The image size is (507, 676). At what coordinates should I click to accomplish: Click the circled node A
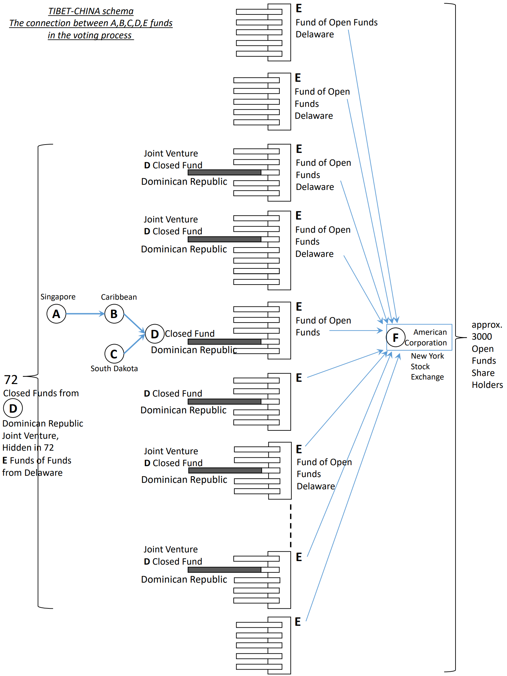(x=56, y=314)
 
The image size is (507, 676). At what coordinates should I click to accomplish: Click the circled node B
(x=114, y=314)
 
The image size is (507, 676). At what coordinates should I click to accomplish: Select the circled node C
(x=114, y=354)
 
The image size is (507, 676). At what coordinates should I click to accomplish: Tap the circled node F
(x=395, y=337)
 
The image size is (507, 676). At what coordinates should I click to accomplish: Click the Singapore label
(x=58, y=297)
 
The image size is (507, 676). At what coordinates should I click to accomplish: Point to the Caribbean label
(x=119, y=297)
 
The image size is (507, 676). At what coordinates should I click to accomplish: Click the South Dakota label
(x=114, y=369)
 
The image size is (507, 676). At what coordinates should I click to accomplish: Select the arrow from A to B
(x=85, y=314)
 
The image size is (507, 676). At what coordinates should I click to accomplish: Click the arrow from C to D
(x=134, y=344)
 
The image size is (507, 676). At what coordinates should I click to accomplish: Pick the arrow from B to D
(x=134, y=323)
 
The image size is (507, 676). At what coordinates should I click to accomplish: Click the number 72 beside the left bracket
(x=11, y=380)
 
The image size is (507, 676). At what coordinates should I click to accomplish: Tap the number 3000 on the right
(x=482, y=337)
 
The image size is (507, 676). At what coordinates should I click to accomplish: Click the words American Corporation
(x=426, y=337)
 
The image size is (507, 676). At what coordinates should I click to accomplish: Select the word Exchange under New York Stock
(x=427, y=377)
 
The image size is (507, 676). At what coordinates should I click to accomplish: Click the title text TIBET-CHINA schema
(x=91, y=11)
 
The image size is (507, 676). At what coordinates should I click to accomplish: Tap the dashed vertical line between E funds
(x=291, y=526)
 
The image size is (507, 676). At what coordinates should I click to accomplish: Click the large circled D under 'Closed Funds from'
(x=13, y=408)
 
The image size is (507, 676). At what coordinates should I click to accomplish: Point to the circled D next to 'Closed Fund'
(x=155, y=334)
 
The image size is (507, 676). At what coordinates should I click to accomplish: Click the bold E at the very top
(x=299, y=8)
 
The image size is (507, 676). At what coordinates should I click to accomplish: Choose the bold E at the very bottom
(x=298, y=622)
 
